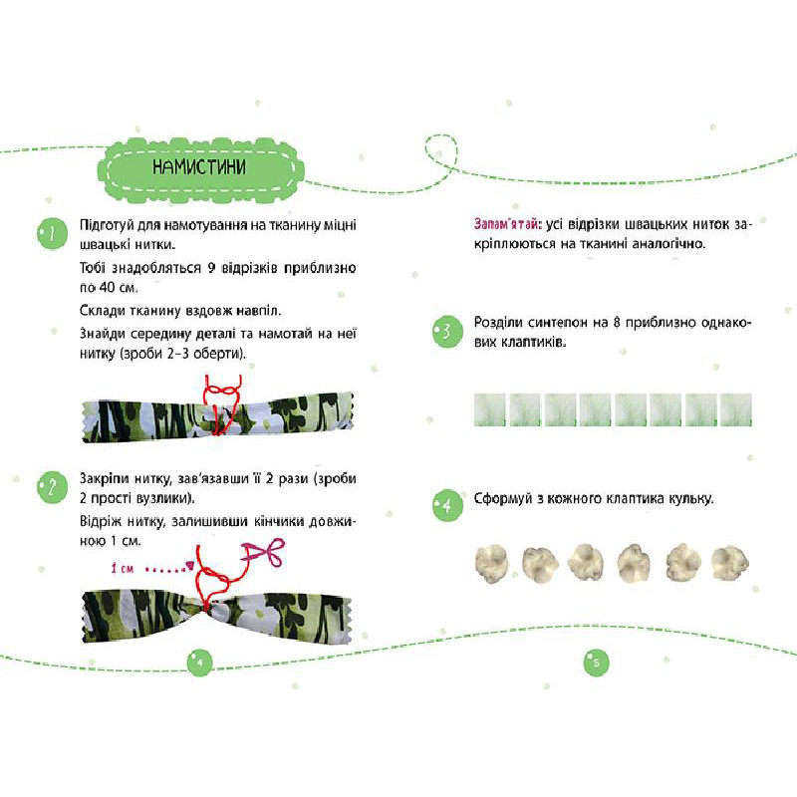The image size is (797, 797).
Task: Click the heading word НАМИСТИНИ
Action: tap(199, 166)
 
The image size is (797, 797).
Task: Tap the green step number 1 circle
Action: tap(53, 234)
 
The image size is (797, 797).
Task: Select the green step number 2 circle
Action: tap(53, 487)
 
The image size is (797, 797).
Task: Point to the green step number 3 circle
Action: tap(447, 332)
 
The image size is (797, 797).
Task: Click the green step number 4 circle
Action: tap(447, 506)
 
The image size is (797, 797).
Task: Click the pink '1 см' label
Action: tap(122, 568)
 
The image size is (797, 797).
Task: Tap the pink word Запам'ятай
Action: tap(506, 224)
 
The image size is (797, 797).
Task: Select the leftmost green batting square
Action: tap(490, 409)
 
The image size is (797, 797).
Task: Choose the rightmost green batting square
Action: tap(736, 409)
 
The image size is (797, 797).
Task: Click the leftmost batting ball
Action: tap(491, 563)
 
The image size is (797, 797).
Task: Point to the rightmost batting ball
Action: tap(730, 563)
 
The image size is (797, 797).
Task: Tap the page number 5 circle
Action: tap(596, 663)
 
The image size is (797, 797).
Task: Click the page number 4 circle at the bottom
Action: tap(200, 663)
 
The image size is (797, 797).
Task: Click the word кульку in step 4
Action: tap(690, 499)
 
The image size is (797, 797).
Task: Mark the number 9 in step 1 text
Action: tap(211, 268)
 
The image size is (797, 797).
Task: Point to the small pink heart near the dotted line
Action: tap(190, 564)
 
